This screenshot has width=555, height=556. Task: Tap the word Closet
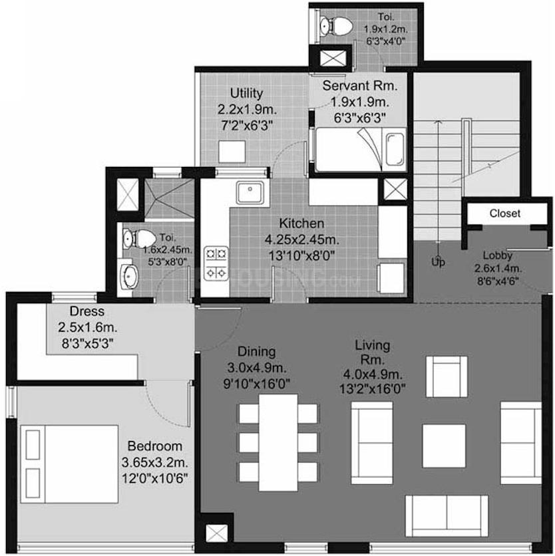click(505, 213)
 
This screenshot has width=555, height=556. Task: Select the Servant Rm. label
click(359, 86)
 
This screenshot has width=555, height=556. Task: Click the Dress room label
click(87, 311)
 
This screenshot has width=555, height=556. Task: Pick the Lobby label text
click(498, 255)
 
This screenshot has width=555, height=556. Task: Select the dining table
click(278, 442)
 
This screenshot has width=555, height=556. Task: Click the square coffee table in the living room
click(444, 445)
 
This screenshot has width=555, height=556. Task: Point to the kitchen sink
click(252, 194)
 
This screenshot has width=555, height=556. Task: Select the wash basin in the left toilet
click(129, 276)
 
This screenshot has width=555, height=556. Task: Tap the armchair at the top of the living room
click(446, 376)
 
